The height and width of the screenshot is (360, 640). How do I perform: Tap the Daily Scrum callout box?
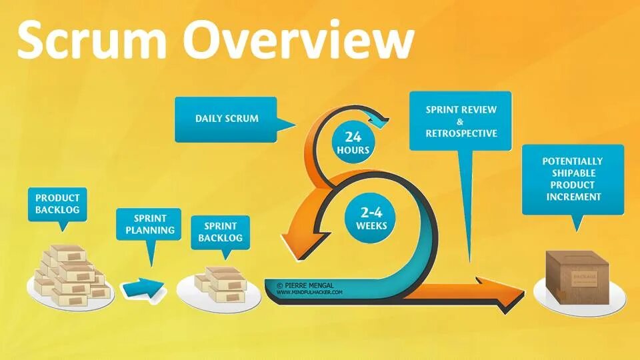tap(226, 119)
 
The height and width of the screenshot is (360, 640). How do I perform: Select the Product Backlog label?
tap(57, 204)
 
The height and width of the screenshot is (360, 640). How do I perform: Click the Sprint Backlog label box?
tap(220, 232)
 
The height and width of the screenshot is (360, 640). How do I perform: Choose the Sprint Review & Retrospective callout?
tap(461, 121)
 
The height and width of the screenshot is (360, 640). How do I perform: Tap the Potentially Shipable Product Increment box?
tap(572, 179)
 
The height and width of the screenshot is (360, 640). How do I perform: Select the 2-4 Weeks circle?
tap(371, 218)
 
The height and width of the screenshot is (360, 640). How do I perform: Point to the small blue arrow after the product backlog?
tap(143, 288)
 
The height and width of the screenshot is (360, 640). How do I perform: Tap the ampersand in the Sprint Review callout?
tap(461, 121)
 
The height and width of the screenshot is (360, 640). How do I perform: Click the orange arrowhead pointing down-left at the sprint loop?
tap(295, 243)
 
